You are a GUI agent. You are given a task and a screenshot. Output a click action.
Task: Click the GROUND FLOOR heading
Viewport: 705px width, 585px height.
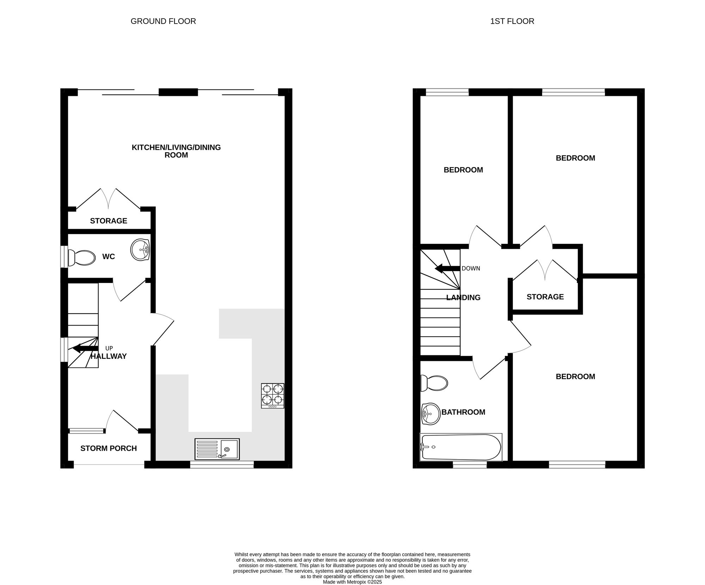163,21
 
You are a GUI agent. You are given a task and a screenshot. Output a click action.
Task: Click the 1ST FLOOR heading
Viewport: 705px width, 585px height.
512,21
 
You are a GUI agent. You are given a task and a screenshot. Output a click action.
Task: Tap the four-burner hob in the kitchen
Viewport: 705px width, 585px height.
273,396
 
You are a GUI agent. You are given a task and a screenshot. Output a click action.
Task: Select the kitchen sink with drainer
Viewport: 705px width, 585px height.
217,449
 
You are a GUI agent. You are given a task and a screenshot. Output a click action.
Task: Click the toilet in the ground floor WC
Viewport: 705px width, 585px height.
81,258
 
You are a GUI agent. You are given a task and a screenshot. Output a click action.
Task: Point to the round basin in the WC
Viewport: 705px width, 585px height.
140,250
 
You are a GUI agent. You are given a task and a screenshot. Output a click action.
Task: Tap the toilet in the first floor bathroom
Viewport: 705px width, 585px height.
434,383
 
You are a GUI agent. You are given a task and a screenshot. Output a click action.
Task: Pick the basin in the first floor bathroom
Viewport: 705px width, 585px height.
431,414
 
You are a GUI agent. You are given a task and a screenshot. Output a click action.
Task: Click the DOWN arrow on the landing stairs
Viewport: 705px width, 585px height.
448,269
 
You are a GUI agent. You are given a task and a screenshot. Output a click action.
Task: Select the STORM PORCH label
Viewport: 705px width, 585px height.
109,449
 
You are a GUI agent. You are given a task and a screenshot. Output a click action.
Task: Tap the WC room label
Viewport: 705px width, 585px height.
109,257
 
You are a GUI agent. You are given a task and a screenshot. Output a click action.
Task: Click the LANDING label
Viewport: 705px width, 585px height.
463,298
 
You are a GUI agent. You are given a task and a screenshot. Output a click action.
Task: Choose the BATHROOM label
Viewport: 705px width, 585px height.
464,412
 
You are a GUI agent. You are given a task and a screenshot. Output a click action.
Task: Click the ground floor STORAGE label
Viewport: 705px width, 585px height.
109,221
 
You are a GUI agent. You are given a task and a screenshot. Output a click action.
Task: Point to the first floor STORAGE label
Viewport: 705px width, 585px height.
545,297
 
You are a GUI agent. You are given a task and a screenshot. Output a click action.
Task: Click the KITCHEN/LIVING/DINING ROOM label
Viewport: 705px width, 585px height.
176,151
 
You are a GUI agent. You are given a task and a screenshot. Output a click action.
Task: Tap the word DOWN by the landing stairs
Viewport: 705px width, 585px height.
471,269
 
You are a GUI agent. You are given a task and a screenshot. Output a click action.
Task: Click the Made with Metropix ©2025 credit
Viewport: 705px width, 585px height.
352,582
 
